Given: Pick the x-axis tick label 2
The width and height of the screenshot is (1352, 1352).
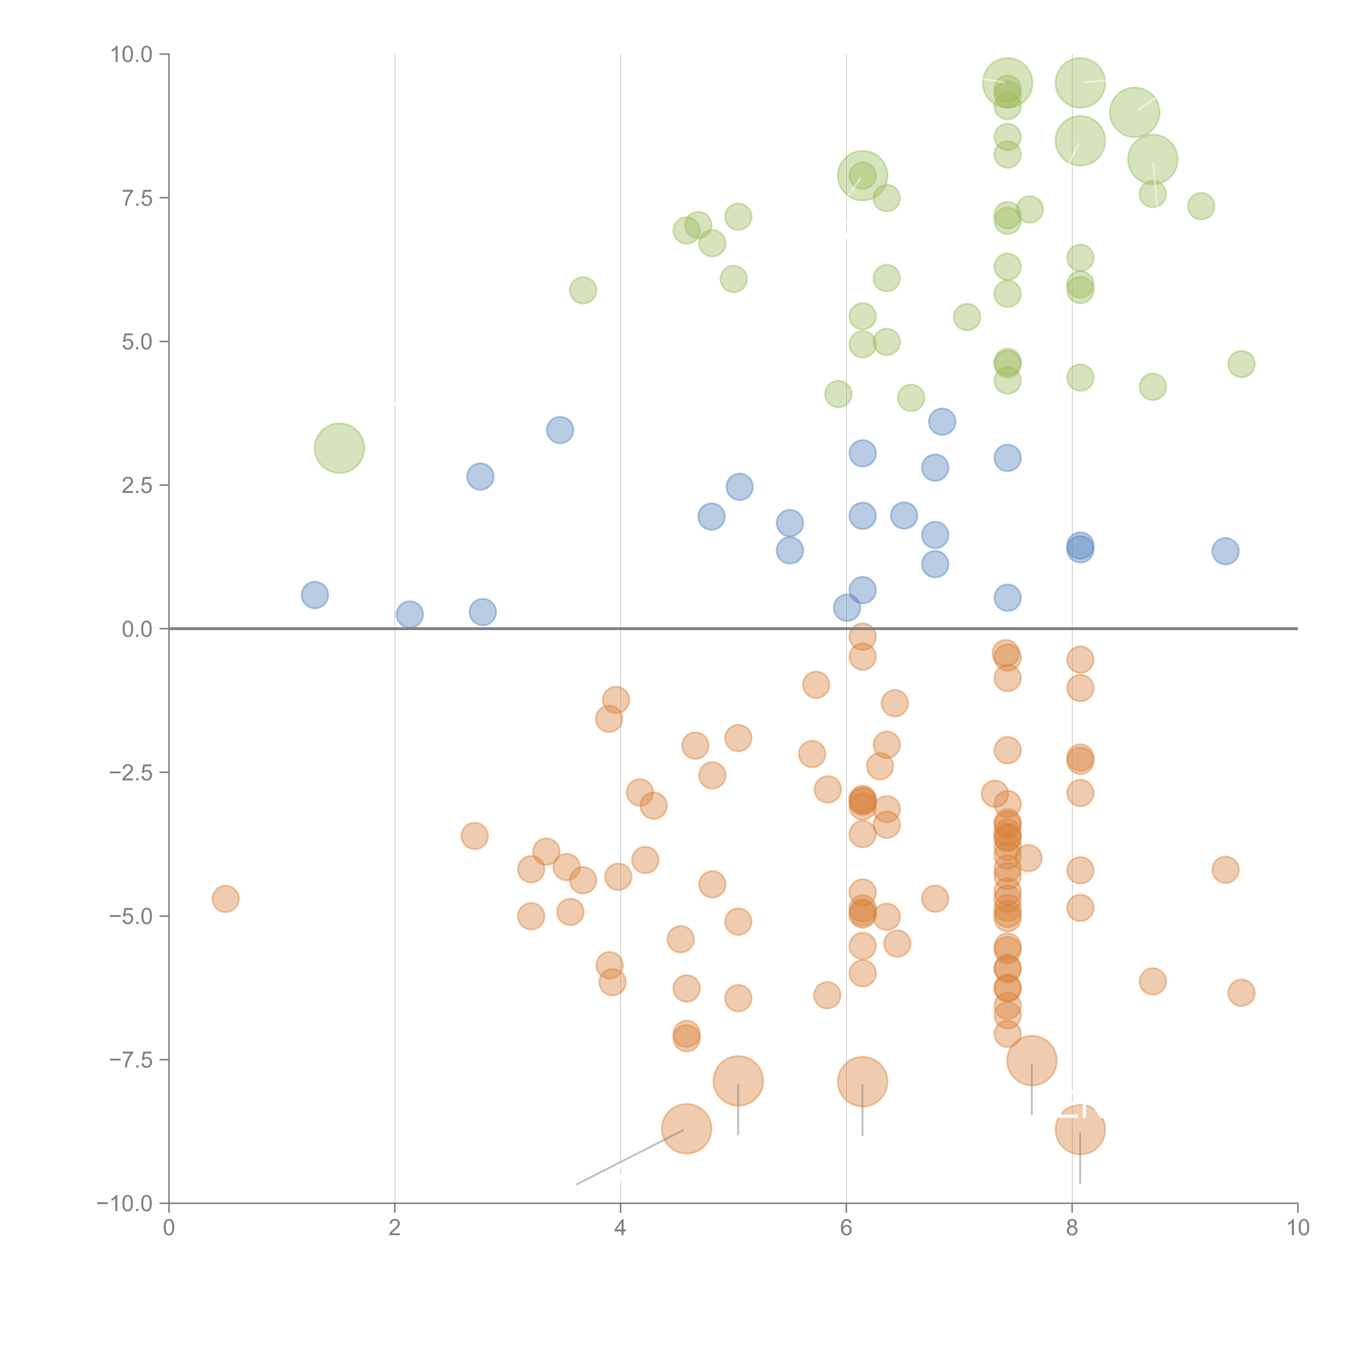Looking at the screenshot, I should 395,1228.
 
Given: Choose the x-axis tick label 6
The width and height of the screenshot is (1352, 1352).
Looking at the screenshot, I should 846,1228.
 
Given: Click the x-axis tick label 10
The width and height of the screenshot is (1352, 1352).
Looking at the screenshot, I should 1297,1228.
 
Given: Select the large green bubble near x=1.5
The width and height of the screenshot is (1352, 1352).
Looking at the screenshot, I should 339,448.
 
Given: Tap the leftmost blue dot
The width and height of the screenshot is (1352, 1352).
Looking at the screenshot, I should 315,595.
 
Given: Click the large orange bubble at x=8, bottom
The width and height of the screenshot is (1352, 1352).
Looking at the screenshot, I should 1080,1129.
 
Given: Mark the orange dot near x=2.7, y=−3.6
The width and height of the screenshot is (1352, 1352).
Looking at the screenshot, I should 475,836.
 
